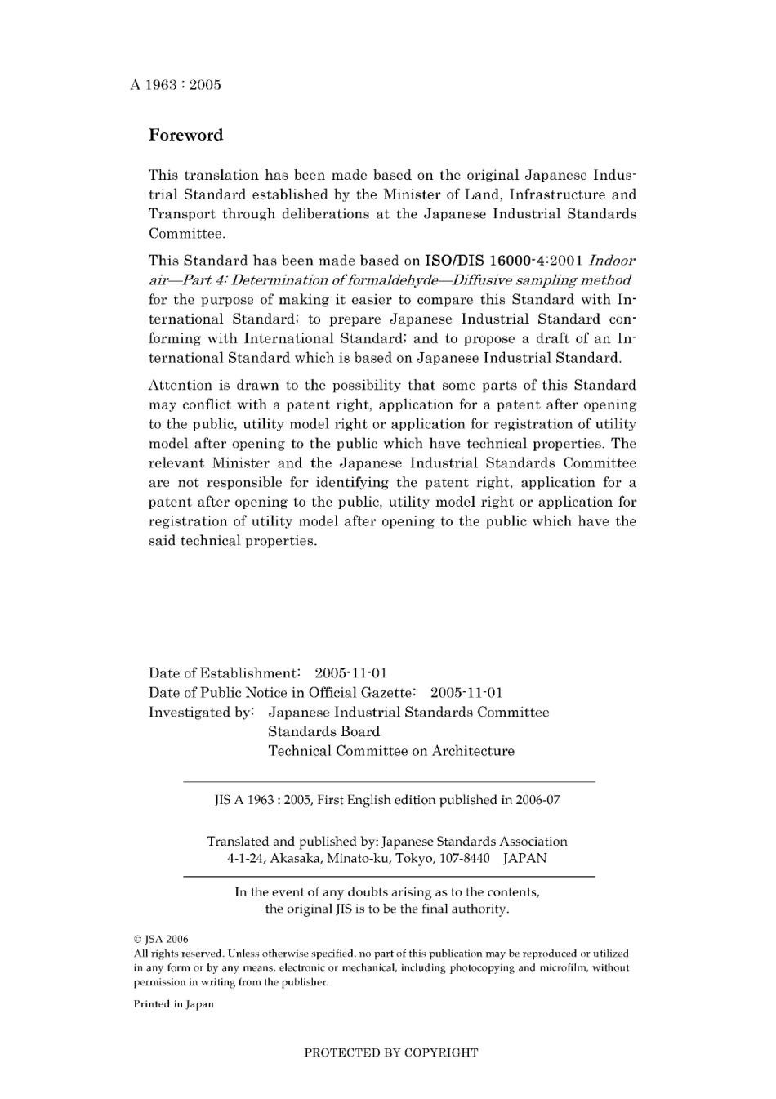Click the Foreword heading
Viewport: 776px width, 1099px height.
[185, 136]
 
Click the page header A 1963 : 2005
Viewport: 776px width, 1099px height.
[175, 85]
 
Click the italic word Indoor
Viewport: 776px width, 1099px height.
[612, 261]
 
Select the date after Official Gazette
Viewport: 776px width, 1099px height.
[466, 694]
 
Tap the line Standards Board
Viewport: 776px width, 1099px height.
[323, 732]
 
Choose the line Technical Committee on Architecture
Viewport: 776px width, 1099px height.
[391, 752]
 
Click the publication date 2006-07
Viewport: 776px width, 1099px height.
[537, 801]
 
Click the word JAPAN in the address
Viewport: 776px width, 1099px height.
[524, 859]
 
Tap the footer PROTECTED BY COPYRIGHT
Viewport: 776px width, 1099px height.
[391, 1053]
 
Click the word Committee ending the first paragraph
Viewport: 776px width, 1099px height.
[186, 235]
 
